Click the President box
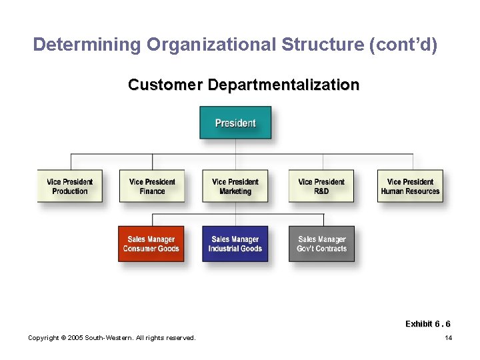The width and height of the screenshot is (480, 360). (x=235, y=123)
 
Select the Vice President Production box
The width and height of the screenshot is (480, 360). (x=70, y=186)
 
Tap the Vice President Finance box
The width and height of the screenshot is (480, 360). (x=152, y=186)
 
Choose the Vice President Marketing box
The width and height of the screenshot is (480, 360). (x=235, y=186)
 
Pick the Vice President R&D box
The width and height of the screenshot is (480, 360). (x=321, y=186)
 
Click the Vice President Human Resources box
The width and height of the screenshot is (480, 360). (x=410, y=186)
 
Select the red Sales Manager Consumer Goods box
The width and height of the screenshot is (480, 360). (x=151, y=244)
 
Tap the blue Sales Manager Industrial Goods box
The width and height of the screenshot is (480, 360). (x=235, y=244)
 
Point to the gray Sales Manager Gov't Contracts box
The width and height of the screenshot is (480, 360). (x=322, y=244)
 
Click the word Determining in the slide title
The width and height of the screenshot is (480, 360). (x=87, y=45)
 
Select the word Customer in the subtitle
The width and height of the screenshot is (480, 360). (x=165, y=85)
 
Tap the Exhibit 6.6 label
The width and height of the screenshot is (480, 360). (x=427, y=324)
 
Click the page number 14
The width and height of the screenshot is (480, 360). (x=449, y=338)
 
